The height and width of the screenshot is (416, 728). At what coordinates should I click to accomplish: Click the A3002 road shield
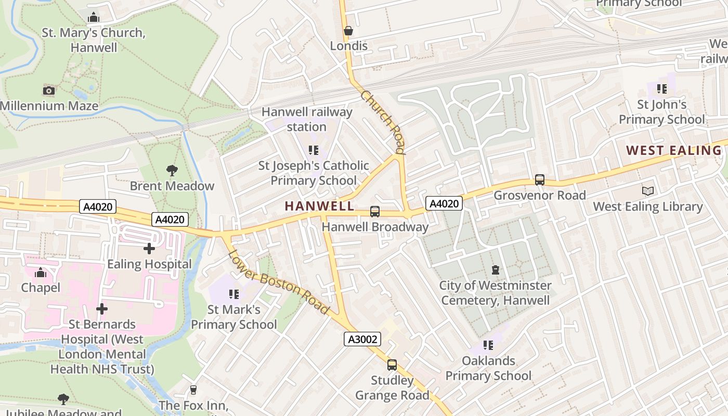[362, 340]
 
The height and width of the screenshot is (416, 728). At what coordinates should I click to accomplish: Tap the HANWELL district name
[319, 206]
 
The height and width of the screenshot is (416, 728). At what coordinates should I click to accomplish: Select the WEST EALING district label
[673, 151]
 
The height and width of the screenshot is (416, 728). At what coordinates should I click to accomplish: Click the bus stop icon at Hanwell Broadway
[374, 212]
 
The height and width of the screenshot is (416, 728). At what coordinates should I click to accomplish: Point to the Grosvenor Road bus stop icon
[540, 180]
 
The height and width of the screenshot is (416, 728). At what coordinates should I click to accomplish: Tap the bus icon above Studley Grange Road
[392, 365]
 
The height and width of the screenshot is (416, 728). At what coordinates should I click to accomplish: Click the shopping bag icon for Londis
[348, 31]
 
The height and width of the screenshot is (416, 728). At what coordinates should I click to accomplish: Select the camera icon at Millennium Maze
[49, 91]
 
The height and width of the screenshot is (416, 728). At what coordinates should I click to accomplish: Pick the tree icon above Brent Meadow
[172, 171]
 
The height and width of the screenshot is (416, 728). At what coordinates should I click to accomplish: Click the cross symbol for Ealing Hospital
[149, 249]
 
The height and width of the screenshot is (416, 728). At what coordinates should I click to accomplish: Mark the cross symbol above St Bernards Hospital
[102, 309]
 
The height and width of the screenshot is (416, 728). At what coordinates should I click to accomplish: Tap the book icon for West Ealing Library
[648, 191]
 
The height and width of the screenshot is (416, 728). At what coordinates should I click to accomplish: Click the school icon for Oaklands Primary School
[488, 345]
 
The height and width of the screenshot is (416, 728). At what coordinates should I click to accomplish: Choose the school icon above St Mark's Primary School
[234, 294]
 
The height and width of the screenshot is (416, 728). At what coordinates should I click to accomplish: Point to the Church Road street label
[382, 122]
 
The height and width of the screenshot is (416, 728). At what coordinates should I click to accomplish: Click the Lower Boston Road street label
[279, 282]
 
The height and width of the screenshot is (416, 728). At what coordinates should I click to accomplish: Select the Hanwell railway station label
[307, 119]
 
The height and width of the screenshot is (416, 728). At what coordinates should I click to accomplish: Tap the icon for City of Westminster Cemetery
[496, 270]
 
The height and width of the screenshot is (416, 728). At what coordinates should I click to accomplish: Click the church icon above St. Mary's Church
[94, 18]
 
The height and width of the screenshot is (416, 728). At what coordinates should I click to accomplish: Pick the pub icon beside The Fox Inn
[193, 390]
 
